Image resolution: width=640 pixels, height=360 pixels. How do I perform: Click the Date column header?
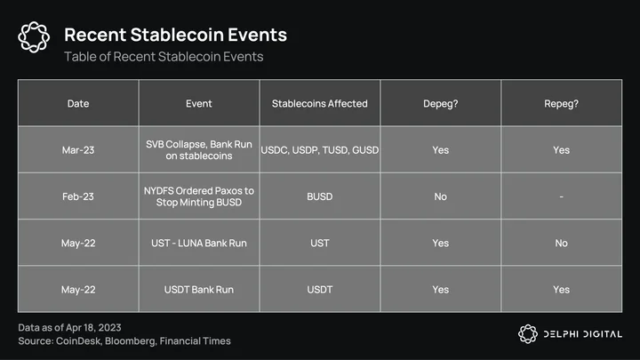coord(78,103)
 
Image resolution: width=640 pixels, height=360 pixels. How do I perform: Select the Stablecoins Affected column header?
coord(320,103)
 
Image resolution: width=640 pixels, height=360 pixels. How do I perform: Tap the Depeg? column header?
coord(440,103)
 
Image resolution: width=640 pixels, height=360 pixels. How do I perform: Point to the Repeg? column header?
coord(561,103)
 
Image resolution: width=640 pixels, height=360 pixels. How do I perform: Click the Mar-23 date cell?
coord(78,150)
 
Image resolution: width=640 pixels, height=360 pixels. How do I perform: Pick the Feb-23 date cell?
coord(78,196)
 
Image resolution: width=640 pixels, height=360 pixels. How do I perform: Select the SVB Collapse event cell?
coord(199,150)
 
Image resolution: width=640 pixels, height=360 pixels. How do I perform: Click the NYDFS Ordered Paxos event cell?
coord(199,196)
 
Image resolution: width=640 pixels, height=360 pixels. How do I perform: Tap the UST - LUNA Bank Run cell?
coord(199,243)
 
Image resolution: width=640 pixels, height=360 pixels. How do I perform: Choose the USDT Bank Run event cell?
coord(199,290)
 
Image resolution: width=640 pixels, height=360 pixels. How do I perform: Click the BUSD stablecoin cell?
coord(320,196)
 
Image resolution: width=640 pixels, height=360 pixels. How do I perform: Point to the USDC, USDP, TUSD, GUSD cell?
coord(320,150)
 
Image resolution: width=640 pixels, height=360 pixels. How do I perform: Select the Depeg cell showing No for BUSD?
coord(440,196)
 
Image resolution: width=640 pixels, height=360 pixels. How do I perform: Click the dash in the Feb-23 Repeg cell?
coord(561,196)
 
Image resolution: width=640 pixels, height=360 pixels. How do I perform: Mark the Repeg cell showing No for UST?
coord(561,243)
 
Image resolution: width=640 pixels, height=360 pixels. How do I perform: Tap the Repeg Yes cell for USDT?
coord(561,290)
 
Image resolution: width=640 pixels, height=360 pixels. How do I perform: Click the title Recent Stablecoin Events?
coord(175,35)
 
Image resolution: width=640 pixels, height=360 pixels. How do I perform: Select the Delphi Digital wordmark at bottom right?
coord(582,334)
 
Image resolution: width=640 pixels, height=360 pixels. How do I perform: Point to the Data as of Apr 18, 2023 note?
coord(69,327)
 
